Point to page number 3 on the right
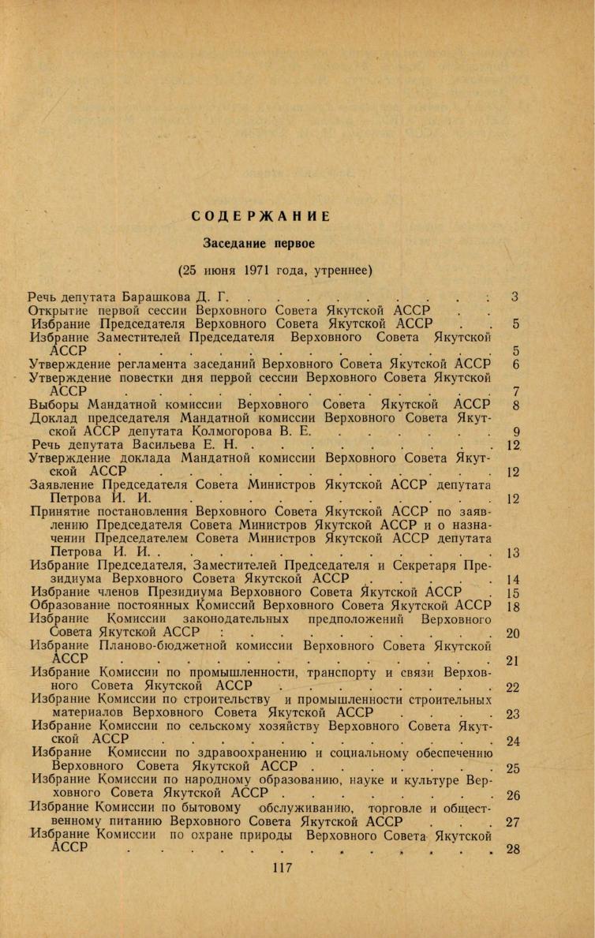coord(514,297)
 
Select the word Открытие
coord(61,310)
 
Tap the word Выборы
coord(55,405)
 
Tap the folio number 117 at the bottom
coord(282,868)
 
